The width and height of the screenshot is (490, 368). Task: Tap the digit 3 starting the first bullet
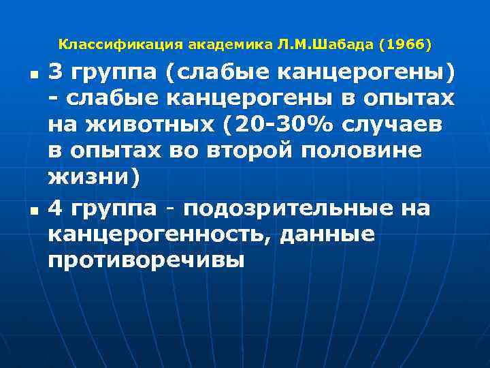56,72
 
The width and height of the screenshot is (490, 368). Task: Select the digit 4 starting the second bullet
56,209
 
